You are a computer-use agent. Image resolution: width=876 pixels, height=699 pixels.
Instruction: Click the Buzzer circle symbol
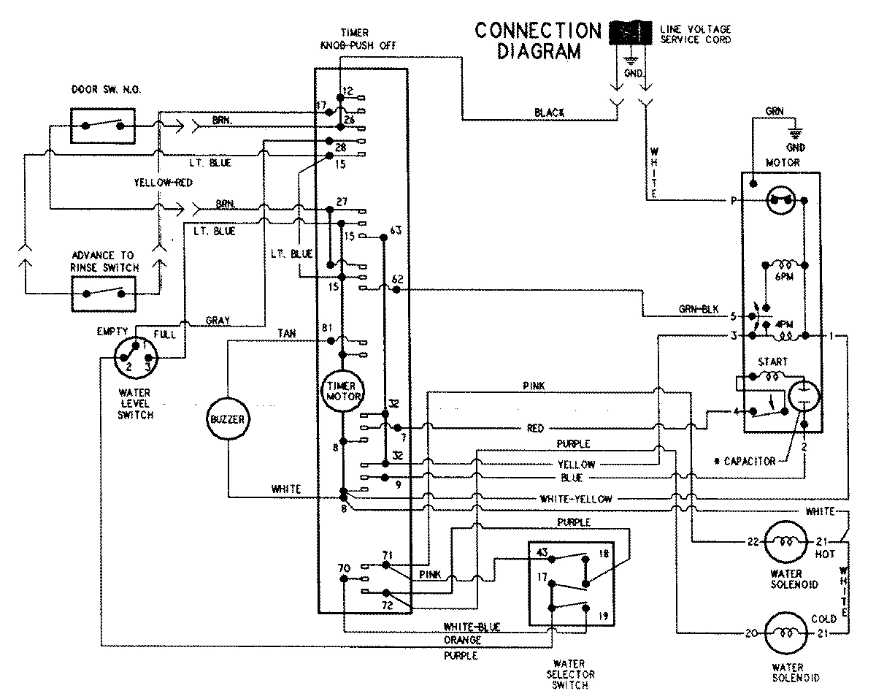point(228,419)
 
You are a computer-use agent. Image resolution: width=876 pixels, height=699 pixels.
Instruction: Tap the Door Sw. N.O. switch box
point(103,125)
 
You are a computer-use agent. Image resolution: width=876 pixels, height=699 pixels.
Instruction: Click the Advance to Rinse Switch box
point(103,294)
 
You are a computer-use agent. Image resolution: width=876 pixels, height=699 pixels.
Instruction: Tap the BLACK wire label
point(550,112)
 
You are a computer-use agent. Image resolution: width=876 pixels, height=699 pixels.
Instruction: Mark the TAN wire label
point(287,333)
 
